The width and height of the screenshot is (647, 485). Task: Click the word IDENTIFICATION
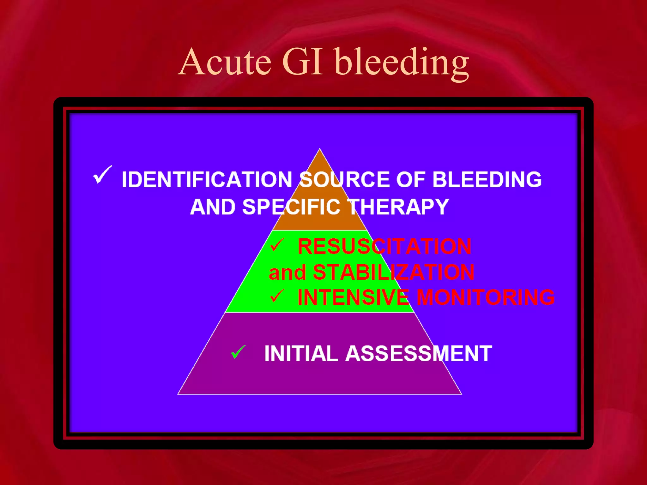tap(207, 180)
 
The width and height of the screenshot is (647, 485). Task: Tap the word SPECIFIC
tap(291, 207)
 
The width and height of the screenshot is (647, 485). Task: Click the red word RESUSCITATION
tap(384, 246)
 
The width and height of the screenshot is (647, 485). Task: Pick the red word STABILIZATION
tap(393, 272)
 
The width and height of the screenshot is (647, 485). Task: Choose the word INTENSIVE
tap(353, 297)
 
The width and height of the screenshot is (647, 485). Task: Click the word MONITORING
tap(486, 297)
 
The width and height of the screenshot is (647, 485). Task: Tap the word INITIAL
tap(301, 353)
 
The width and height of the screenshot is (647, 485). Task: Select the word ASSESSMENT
tap(419, 353)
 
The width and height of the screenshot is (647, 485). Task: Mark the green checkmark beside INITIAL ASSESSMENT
tap(238, 352)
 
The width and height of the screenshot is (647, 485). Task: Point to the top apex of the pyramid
tap(320, 149)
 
